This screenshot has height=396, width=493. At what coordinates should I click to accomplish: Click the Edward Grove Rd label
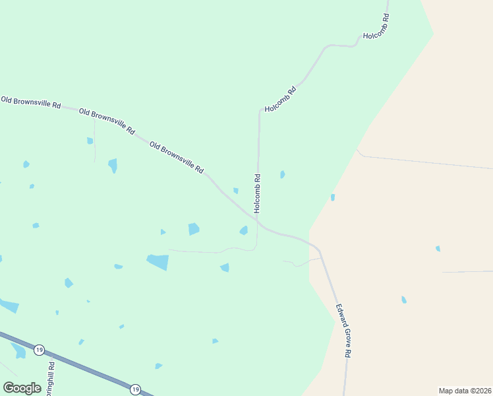coord(343,330)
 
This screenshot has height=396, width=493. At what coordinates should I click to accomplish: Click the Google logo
coord(22,388)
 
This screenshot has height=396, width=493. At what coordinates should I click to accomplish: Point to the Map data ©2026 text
coord(464,391)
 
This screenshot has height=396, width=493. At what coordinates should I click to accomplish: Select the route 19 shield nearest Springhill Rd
coord(40,349)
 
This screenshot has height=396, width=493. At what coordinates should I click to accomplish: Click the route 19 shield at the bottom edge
coord(135,389)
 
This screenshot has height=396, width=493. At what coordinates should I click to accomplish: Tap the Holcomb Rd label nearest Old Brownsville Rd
coord(258,193)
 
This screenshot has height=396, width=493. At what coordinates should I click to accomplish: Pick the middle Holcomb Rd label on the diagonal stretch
coord(280,99)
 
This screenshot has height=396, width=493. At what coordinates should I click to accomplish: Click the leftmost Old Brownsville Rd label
coord(31,102)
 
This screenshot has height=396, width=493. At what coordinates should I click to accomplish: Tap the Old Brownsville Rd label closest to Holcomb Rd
coord(176,157)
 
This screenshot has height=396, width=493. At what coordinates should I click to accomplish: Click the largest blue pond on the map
coord(158,261)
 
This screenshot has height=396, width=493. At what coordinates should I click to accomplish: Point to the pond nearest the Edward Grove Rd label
coord(404,300)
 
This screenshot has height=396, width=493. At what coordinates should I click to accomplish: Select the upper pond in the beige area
coord(438,248)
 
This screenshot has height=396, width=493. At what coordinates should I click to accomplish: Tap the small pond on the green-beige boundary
coord(333,197)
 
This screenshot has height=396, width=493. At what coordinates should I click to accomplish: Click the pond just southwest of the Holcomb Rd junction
coord(244,230)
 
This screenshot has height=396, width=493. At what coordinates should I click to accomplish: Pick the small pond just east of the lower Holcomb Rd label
coord(282,174)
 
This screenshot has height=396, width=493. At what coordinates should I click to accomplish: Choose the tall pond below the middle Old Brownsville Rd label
coord(113,165)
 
